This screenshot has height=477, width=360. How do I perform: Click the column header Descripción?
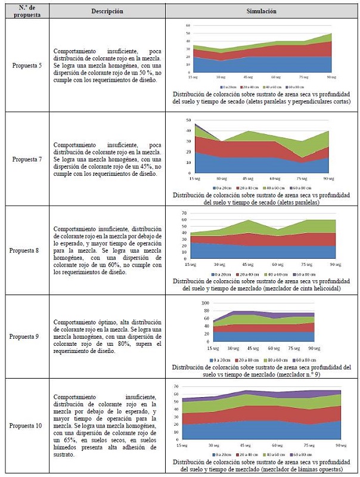(108, 11)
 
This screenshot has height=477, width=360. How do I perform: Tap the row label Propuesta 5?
(27, 64)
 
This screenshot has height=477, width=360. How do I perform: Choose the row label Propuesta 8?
(27, 250)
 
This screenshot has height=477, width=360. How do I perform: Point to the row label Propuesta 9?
(27, 336)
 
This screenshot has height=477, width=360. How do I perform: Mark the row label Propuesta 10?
(27, 425)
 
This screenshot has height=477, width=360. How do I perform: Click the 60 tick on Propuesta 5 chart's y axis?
(188, 26)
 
